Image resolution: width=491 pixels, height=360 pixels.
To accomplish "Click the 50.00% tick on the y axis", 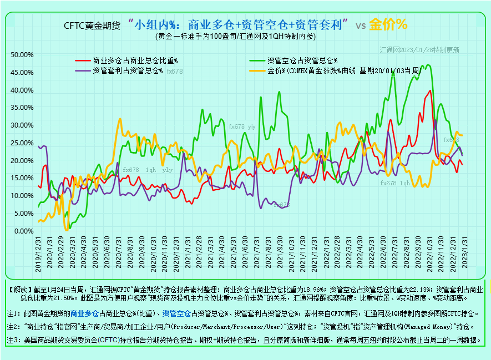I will pyautogui.click(x=23, y=54).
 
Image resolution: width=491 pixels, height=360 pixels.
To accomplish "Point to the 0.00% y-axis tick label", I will pyautogui.click(x=24, y=231).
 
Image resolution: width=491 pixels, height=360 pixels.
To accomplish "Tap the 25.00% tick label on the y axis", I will pyautogui.click(x=23, y=143).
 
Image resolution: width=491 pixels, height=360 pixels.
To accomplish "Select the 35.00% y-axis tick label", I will pyautogui.click(x=23, y=107).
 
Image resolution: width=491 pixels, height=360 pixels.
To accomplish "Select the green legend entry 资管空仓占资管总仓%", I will pyautogui.click(x=302, y=60).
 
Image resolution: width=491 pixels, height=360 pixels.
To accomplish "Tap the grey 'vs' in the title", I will pyautogui.click(x=360, y=26).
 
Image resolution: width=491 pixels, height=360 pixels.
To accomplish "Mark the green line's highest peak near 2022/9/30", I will pyautogui.click(x=427, y=65).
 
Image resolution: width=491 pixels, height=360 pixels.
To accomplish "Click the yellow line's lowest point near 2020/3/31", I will pyautogui.click(x=67, y=229).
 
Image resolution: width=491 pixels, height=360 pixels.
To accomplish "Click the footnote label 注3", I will pyautogui.click(x=13, y=339).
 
